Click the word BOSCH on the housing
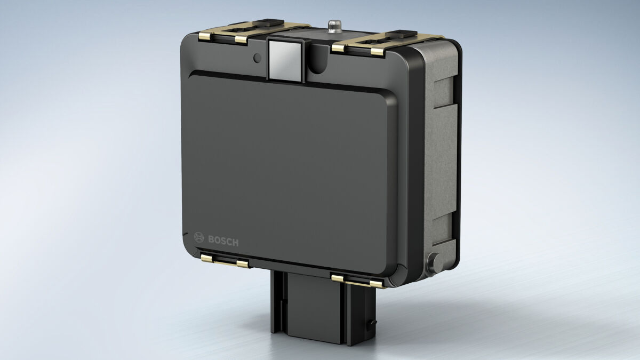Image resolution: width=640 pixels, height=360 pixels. click(223, 241)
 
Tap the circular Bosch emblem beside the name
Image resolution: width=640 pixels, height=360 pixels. click(199, 237)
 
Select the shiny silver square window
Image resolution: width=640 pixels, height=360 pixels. click(286, 61)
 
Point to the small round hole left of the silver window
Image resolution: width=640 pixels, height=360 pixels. click(257, 58)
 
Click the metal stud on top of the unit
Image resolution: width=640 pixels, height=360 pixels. click(334, 26)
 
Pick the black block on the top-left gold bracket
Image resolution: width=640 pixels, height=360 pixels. click(268, 22)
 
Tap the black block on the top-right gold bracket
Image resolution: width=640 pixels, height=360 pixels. click(401, 34)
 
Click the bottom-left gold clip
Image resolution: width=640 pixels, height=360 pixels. click(225, 261)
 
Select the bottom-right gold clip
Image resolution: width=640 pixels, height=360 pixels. click(357, 281)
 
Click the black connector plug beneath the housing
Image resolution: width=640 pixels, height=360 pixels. click(323, 307)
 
